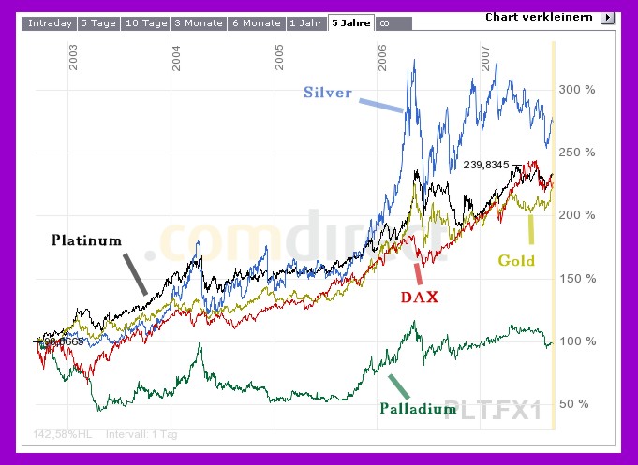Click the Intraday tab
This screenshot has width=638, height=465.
(x=50, y=23)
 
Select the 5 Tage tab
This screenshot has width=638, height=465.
(x=98, y=23)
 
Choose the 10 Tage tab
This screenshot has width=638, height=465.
(x=145, y=23)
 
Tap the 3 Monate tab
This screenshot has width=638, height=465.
(x=198, y=23)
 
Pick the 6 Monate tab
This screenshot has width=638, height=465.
(x=256, y=23)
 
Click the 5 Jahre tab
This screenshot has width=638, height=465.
(x=351, y=23)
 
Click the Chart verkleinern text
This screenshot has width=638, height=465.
(x=539, y=17)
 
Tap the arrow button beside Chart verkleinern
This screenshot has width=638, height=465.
(x=607, y=17)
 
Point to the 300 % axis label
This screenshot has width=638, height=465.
(x=576, y=90)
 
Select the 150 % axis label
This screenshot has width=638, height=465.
(x=576, y=279)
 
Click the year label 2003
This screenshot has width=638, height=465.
(x=74, y=59)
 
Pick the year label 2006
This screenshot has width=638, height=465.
(x=383, y=59)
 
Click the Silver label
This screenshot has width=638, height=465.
(x=328, y=93)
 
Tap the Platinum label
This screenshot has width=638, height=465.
(x=86, y=240)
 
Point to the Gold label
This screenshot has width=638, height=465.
(x=516, y=260)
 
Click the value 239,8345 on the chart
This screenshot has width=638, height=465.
(x=485, y=165)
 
